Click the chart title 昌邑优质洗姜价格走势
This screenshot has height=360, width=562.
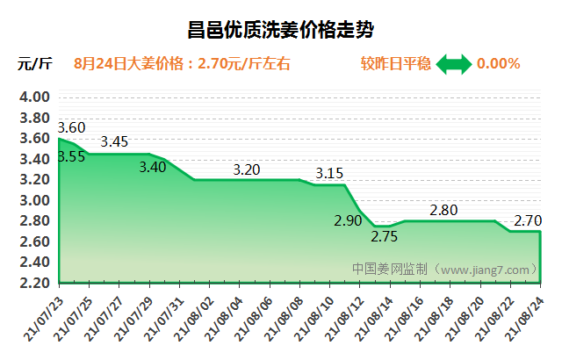[x=281, y=31]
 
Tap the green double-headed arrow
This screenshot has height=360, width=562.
[x=454, y=64]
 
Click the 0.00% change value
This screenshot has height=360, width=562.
[x=499, y=64]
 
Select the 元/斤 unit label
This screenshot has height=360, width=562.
[x=35, y=64]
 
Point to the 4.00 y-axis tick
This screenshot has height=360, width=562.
[x=34, y=97]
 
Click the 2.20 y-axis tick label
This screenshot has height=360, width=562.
[x=34, y=283]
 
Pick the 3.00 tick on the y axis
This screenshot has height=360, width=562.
[x=34, y=200]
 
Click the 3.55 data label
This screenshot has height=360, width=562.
[x=71, y=157]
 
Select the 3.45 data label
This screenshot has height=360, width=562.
[x=115, y=141]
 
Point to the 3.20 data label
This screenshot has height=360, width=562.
[x=247, y=170]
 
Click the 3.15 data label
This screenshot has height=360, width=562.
[x=329, y=173]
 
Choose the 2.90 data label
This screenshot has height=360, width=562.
[x=348, y=220]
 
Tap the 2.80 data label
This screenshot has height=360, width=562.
[x=443, y=210]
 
